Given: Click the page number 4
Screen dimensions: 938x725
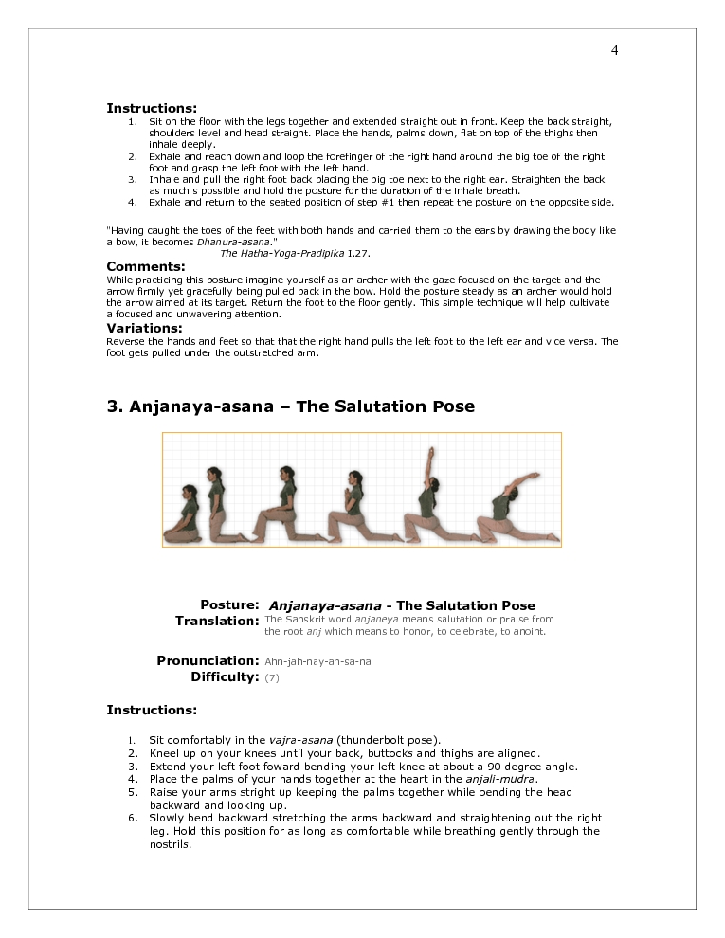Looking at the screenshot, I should pyautogui.click(x=614, y=50).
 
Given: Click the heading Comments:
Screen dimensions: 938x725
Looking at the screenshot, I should pyautogui.click(x=145, y=266).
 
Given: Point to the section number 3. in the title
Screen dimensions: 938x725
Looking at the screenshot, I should pyautogui.click(x=115, y=406).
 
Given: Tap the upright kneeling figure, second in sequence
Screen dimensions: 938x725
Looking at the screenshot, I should pyautogui.click(x=221, y=507).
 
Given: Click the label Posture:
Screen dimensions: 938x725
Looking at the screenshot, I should pyautogui.click(x=229, y=604).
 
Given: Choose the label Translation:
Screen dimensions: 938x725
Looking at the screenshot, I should pyautogui.click(x=217, y=621).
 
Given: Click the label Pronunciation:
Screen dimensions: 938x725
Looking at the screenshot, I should pyautogui.click(x=208, y=660).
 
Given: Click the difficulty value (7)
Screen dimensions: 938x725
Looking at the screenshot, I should pyautogui.click(x=272, y=677).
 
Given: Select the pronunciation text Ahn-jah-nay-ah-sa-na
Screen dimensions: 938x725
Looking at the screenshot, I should pyautogui.click(x=317, y=661).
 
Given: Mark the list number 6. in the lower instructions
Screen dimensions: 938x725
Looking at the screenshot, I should pyautogui.click(x=133, y=818).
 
